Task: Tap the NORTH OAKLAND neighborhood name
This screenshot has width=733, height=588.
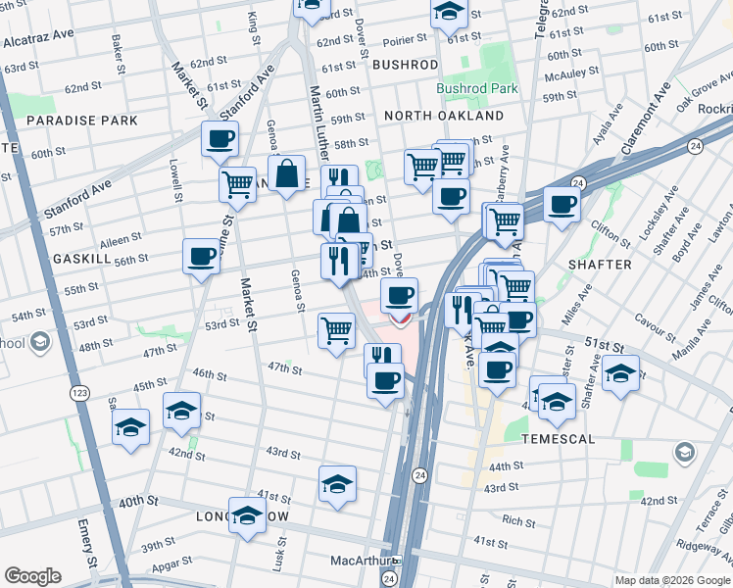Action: click(x=443, y=116)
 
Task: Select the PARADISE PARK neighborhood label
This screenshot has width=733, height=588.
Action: click(x=81, y=121)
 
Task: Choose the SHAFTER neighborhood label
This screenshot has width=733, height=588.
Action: click(x=598, y=266)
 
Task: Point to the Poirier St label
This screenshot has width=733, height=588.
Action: click(x=404, y=40)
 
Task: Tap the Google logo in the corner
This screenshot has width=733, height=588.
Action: click(x=32, y=576)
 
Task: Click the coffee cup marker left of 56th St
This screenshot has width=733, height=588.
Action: click(x=202, y=257)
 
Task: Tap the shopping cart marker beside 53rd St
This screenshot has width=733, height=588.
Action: click(x=336, y=330)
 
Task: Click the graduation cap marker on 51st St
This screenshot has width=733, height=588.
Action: click(x=621, y=372)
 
